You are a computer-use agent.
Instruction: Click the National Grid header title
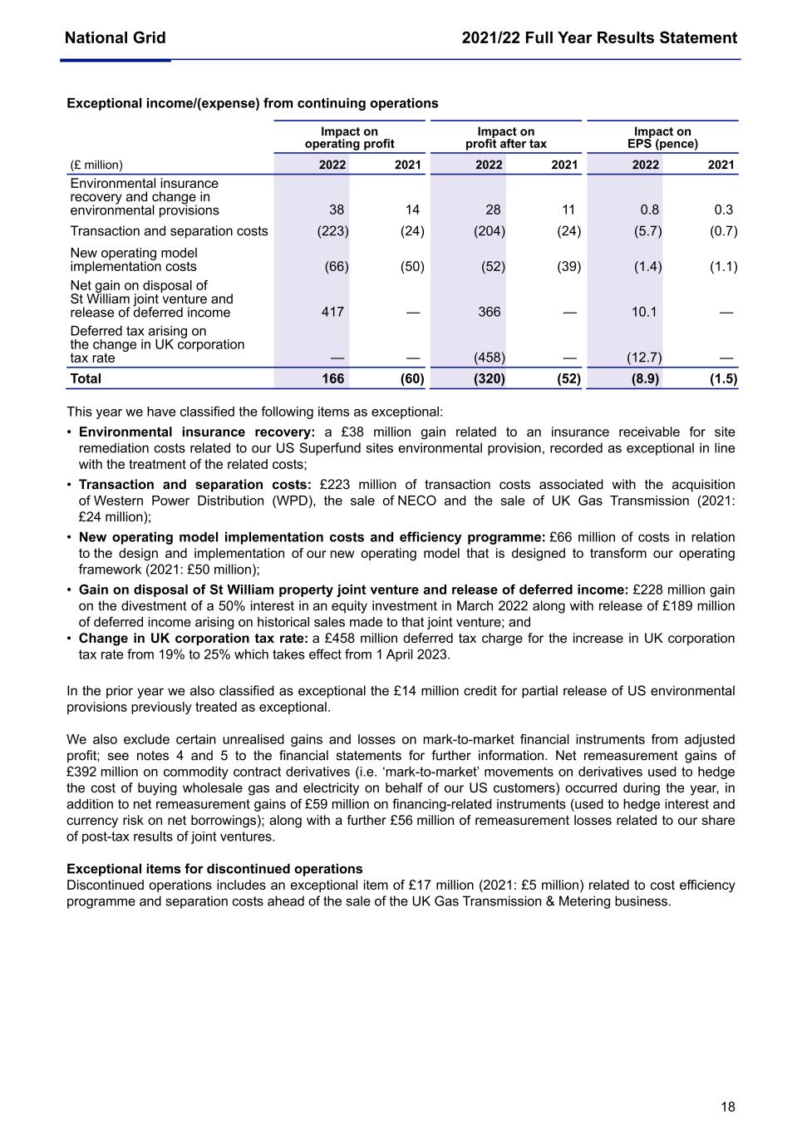pos(115,37)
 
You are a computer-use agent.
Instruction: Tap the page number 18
pos(728,1107)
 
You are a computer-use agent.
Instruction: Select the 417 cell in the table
pos(332,312)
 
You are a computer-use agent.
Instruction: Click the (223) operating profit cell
pos(332,231)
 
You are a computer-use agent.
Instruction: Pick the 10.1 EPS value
pos(644,312)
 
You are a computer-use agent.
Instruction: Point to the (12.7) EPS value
pos(644,358)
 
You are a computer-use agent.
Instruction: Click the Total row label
pos(86,379)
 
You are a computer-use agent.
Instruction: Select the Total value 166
pos(332,379)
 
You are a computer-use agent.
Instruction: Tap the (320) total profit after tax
pos(489,379)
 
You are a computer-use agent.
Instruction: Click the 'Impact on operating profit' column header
pos(349,137)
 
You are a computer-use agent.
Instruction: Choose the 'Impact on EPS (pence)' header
pos(662,137)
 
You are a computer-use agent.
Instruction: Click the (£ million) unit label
pos(95,165)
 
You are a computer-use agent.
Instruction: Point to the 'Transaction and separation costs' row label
pos(169,231)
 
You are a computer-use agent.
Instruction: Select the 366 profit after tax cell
pos(490,312)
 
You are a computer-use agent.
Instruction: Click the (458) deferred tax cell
pos(489,358)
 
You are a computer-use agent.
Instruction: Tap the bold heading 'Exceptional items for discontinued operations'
pos(214,869)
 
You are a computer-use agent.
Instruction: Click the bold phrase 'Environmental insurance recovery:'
pos(197,432)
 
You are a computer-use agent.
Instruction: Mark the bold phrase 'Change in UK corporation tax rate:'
pos(194,639)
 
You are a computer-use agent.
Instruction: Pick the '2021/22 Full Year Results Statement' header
pos(599,37)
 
